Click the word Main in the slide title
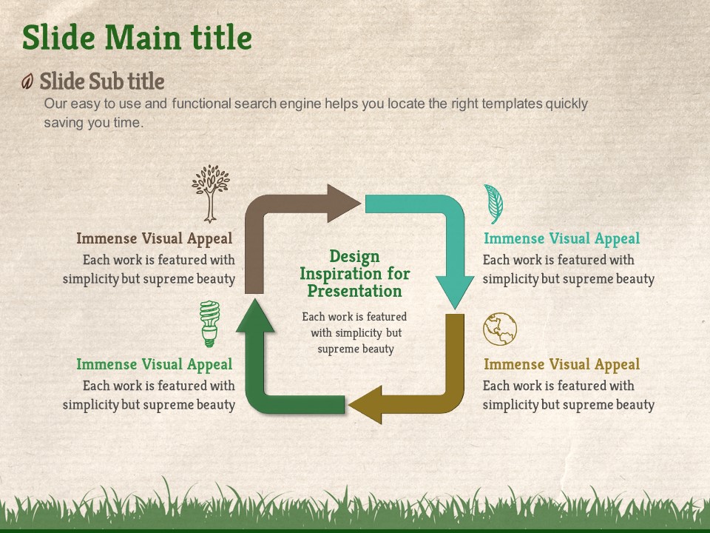pos(143,37)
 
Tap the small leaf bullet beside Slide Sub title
pos(27,81)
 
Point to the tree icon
pos(210,194)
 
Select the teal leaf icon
pos(493,204)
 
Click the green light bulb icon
pos(209,324)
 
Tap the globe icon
pos(499,329)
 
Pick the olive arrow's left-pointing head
pos(367,404)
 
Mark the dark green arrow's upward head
pos(255,316)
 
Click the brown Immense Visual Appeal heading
pos(154,238)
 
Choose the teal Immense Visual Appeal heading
pos(561,238)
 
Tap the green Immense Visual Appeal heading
pos(154,364)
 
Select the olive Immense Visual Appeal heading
pos(561,364)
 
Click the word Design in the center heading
pos(354,257)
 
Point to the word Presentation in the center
pos(354,291)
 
